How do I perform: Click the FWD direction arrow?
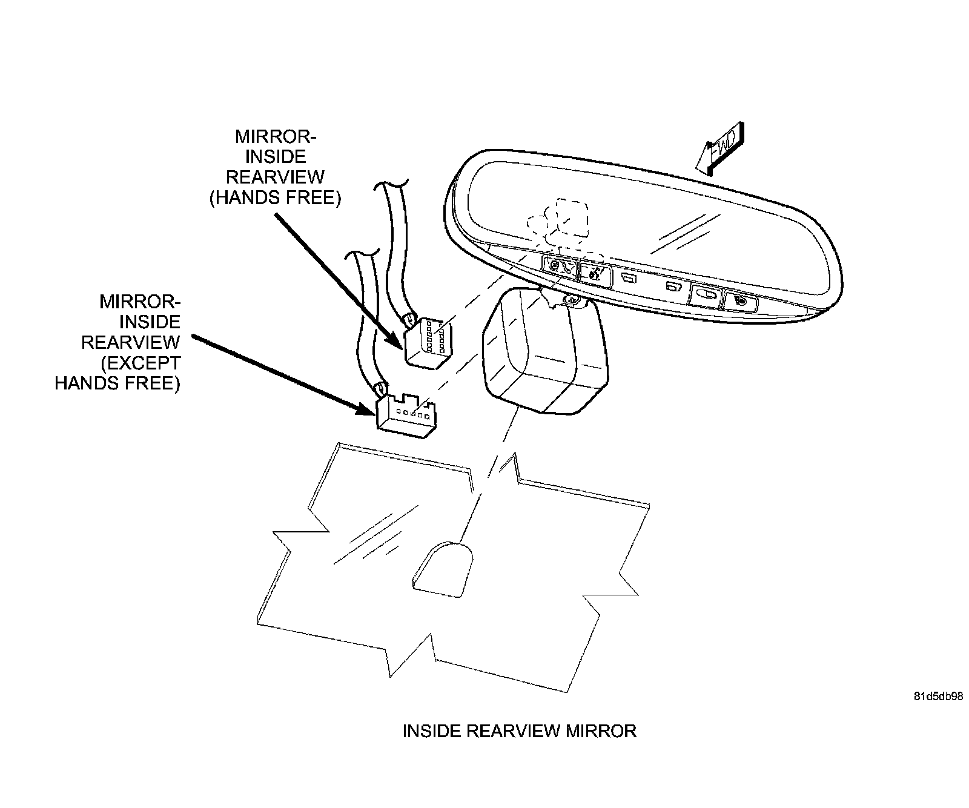coord(720,150)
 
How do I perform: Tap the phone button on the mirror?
coord(562,266)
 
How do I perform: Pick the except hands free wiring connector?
coord(406,415)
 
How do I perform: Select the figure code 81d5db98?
coord(938,697)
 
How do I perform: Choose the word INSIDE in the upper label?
coord(276,156)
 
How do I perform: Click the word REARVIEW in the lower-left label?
coord(131,342)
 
